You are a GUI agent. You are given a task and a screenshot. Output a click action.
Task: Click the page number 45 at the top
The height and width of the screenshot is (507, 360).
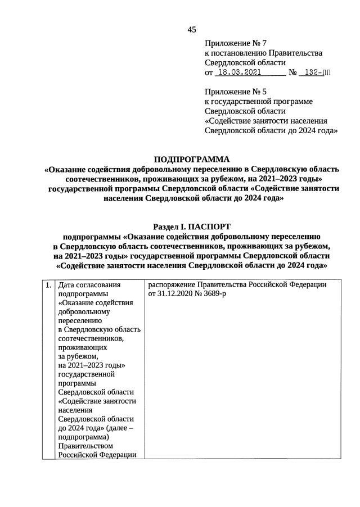tap(191, 30)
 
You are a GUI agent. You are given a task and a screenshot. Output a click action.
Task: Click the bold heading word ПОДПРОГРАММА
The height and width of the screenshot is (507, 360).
tap(192, 160)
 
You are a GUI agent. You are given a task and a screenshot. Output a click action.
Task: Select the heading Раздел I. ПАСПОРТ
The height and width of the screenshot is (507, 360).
tap(192, 227)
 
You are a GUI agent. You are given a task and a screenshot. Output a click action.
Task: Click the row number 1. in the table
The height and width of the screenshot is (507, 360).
tap(48, 285)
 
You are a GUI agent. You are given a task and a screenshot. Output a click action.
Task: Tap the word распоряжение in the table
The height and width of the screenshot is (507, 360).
tap(175, 285)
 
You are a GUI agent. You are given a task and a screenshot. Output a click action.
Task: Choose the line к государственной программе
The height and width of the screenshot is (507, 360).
tap(259, 101)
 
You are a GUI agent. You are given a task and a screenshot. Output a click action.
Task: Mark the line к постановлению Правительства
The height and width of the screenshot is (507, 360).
tap(263, 53)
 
